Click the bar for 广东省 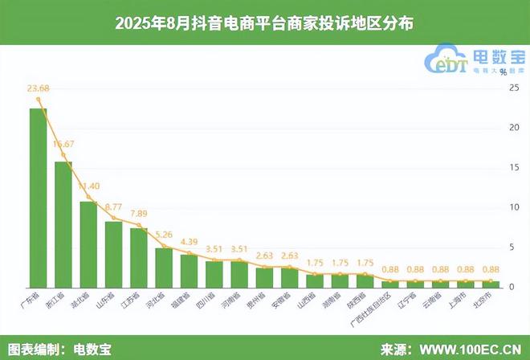38,198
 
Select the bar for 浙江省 63,224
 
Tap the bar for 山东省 113,254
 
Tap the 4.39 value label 190,242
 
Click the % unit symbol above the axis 503,72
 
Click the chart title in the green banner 264,22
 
